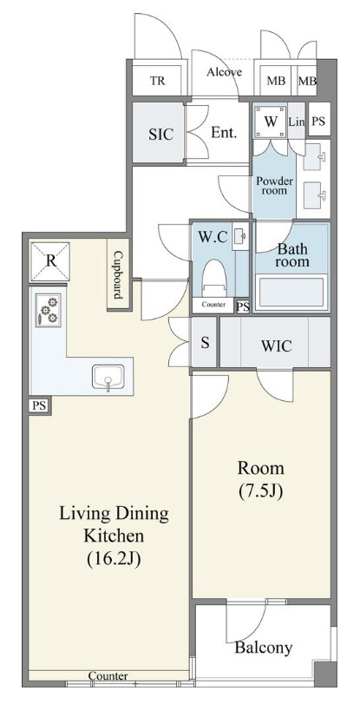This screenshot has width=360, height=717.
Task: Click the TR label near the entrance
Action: click(158, 82)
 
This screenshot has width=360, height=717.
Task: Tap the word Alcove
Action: click(224, 72)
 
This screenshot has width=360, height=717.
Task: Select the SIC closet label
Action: click(160, 134)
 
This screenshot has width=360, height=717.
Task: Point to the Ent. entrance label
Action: click(224, 133)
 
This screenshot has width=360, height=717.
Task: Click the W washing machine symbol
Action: click(271, 122)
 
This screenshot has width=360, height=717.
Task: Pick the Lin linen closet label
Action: click(297, 122)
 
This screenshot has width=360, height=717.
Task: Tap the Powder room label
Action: click(275, 185)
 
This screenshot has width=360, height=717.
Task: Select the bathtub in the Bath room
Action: click(291, 293)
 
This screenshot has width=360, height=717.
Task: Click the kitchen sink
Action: click(108, 378)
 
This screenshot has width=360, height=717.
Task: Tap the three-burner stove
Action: click(48, 309)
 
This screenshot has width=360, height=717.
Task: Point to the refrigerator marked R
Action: click(50, 261)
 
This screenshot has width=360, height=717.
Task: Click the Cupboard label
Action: click(118, 274)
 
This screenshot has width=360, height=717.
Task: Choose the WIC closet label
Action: click(277, 346)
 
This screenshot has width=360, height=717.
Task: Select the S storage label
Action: click(205, 343)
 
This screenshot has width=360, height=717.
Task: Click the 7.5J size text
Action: click(261, 490)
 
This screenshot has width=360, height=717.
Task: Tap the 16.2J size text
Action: click(114, 558)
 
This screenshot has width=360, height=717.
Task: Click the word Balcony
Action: click(263, 648)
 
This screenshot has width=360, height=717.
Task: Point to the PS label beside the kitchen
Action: click(39, 405)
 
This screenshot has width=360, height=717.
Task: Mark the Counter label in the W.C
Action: click(213, 305)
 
